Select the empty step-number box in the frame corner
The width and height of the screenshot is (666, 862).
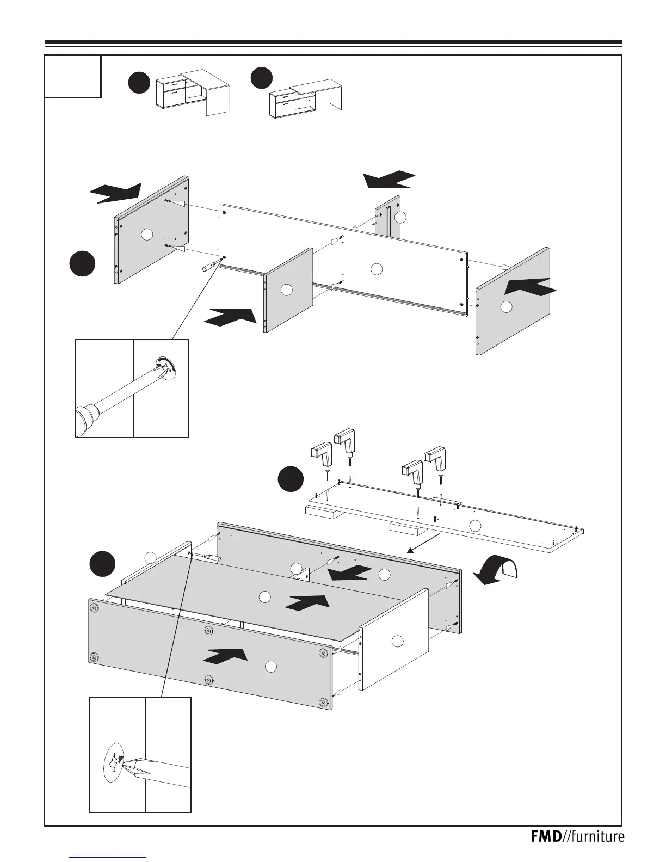[73, 76]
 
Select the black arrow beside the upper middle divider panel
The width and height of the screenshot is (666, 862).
[230, 316]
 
